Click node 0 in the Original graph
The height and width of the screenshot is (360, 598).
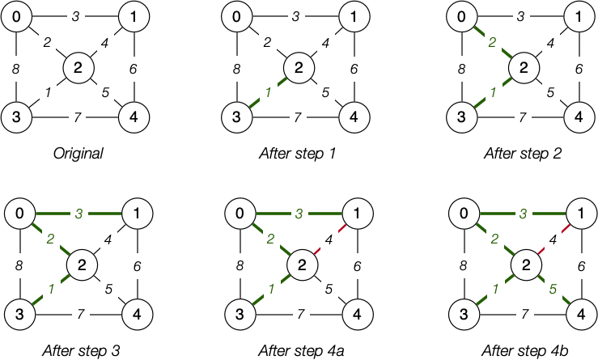point(17,17)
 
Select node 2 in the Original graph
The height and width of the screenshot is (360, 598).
point(78,67)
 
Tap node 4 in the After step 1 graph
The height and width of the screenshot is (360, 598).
point(354,118)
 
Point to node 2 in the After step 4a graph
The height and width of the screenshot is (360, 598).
point(299,264)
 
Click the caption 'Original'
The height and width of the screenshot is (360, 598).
point(78,153)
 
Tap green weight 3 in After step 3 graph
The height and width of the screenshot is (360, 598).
point(78,214)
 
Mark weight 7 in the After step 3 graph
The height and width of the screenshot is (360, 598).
point(78,313)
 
